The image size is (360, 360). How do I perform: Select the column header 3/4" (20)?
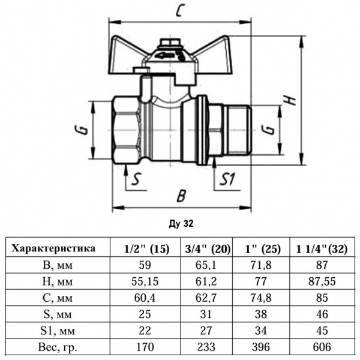point(205,248)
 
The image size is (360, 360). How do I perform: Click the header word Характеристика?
point(55,247)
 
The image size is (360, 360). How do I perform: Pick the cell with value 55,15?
point(146,280)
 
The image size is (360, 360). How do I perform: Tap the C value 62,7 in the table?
point(205,297)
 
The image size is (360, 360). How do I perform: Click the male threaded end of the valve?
point(231,130)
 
